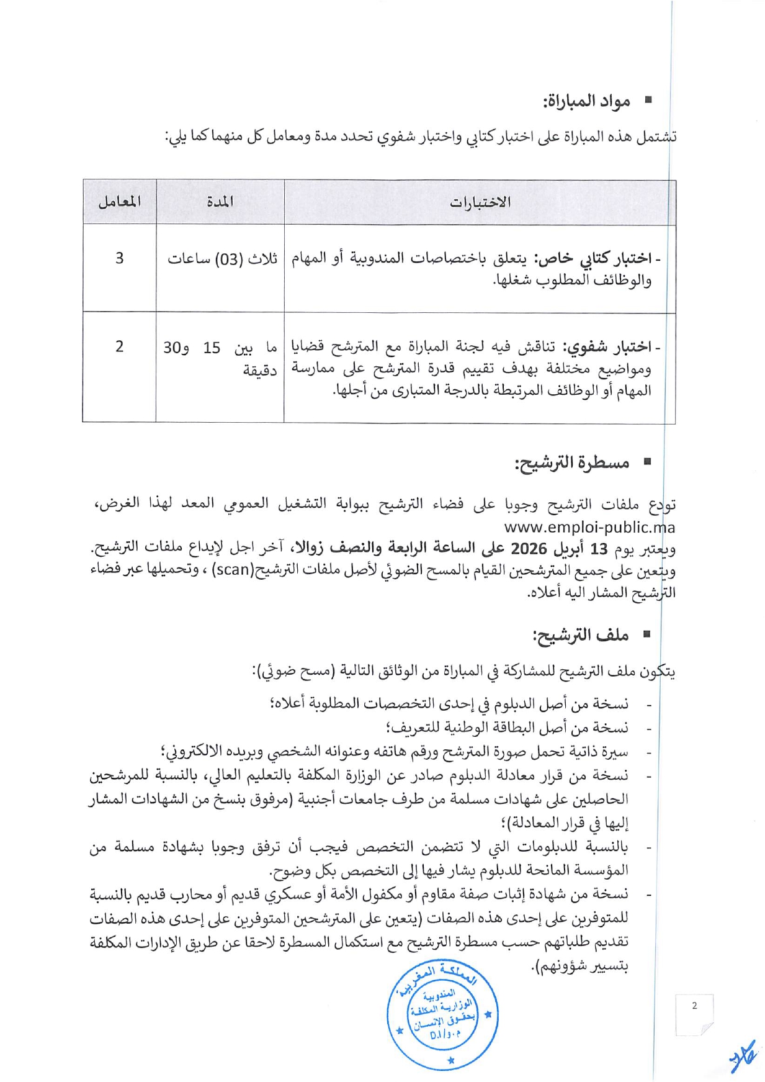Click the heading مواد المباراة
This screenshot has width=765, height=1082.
(587, 101)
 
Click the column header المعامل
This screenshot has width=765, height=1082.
(119, 202)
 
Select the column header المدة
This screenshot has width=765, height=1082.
(220, 202)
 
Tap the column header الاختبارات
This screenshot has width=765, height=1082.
(480, 202)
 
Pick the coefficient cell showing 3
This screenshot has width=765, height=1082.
(119, 258)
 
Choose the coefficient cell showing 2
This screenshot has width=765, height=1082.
(119, 346)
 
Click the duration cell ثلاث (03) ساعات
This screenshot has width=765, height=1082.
(222, 259)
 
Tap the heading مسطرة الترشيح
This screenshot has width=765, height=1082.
(572, 462)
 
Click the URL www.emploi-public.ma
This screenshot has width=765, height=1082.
(589, 528)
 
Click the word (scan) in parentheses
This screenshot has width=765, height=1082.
(231, 570)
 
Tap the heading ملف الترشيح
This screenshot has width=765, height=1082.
(581, 635)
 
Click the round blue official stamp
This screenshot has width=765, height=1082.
(443, 1015)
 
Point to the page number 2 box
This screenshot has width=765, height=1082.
(694, 1014)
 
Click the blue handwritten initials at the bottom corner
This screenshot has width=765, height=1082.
(743, 1056)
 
